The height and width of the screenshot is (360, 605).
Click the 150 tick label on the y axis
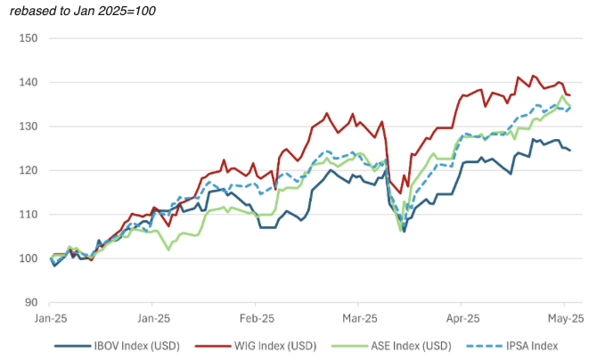(x=27, y=38)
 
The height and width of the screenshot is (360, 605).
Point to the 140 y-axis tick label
(x=27, y=82)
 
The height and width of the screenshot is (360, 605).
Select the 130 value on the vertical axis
(x=27, y=127)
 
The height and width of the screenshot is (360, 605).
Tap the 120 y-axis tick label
(x=27, y=170)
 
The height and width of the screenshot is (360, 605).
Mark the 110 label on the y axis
(x=27, y=215)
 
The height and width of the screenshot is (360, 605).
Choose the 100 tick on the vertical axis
(x=27, y=258)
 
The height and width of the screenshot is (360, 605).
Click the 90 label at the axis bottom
(x=30, y=303)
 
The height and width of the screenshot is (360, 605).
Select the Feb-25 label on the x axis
(x=256, y=317)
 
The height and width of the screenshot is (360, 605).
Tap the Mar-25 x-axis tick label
(x=359, y=317)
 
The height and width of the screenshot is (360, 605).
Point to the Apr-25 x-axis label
(x=462, y=317)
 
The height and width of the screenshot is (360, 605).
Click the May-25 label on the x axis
(x=564, y=317)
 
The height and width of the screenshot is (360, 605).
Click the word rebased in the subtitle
(x=33, y=10)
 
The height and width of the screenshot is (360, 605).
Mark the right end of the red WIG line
(x=570, y=95)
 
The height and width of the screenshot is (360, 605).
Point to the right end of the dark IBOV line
(x=570, y=150)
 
